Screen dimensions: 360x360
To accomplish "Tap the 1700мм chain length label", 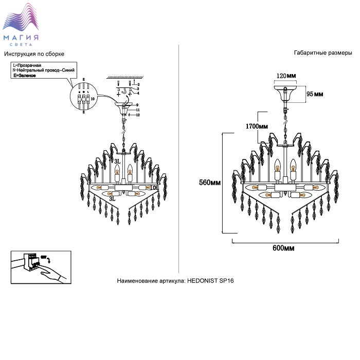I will tap(257, 126).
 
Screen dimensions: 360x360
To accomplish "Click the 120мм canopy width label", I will tap(286, 76).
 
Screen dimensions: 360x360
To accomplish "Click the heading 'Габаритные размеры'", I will tap(322, 53).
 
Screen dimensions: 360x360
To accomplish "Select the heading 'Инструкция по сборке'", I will tap(34, 54).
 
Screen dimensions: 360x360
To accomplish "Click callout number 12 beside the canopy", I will tap(138, 115).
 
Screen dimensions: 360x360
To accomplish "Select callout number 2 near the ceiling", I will tap(138, 83).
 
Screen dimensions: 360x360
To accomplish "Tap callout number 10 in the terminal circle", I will tap(93, 97).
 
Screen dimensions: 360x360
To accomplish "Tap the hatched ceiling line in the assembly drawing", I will tap(123, 77).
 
